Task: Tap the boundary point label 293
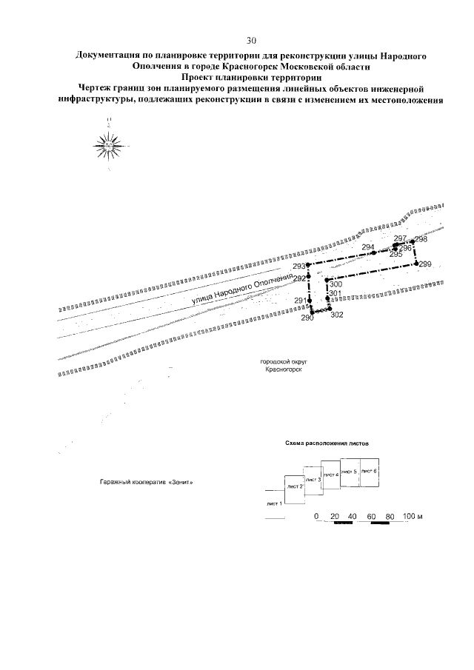298,266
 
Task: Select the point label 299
424,264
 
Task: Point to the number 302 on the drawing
336,315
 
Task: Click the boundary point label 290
307,317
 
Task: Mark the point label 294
369,247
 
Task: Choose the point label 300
336,284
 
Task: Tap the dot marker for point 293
308,265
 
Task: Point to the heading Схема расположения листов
327,443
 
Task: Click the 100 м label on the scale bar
413,516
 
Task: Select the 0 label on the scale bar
316,516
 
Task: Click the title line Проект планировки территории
250,76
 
